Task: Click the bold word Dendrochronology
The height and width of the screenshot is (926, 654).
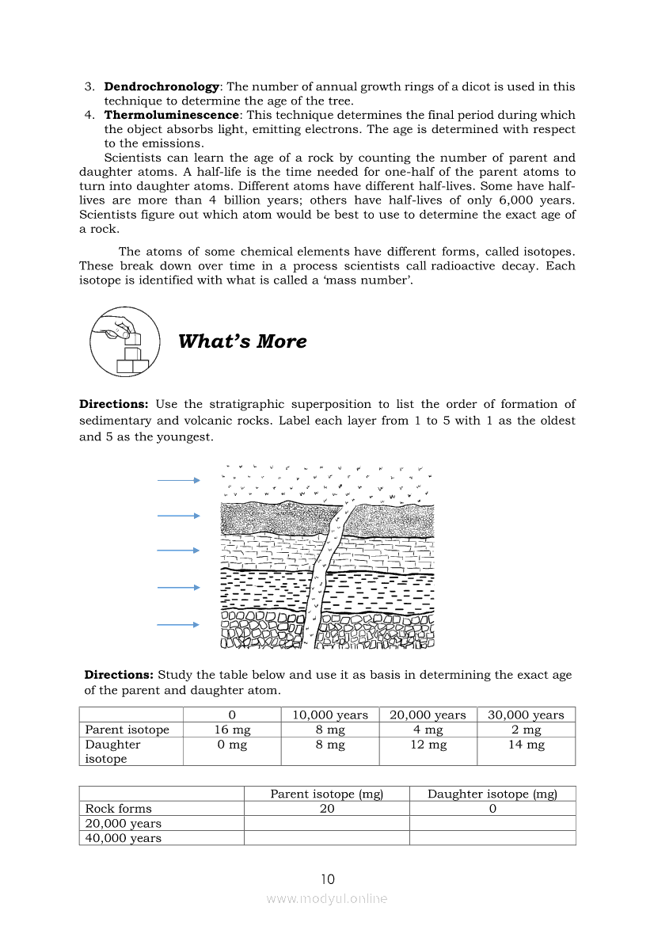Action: [162, 86]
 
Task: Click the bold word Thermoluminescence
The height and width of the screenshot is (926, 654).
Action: [171, 115]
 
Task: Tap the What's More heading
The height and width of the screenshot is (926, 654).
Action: [242, 341]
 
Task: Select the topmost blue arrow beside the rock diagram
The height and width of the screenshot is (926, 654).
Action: [178, 480]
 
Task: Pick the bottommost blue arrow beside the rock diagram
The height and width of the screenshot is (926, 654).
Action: [178, 625]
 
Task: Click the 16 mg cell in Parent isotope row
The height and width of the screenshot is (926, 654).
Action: [232, 730]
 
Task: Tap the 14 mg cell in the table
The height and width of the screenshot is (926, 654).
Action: [526, 745]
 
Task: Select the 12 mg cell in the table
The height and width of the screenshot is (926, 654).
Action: [428, 745]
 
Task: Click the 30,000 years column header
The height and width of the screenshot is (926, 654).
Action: [526, 715]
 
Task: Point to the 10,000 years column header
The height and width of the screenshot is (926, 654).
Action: [330, 715]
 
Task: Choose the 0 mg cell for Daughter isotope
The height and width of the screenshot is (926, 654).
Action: [232, 745]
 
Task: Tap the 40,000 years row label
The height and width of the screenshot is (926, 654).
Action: [124, 838]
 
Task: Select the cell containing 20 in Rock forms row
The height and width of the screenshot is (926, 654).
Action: [327, 809]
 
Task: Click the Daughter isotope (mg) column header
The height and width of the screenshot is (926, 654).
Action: [492, 794]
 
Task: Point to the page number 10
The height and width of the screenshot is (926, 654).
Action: [328, 879]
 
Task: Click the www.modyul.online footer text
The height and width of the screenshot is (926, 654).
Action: [327, 898]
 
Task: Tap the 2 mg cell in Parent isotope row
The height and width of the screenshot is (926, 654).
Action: [526, 730]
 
